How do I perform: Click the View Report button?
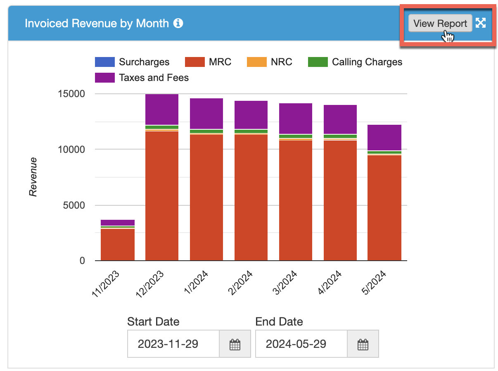pyautogui.click(x=440, y=23)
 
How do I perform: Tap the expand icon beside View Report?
pyautogui.click(x=480, y=23)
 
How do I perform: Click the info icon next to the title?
pyautogui.click(x=178, y=23)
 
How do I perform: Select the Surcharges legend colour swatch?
pyautogui.click(x=104, y=62)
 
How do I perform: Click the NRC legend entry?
pyautogui.click(x=269, y=62)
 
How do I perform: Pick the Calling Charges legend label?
pyautogui.click(x=367, y=62)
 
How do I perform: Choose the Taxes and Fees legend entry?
pyautogui.click(x=142, y=78)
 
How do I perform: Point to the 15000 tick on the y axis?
pyautogui.click(x=71, y=94)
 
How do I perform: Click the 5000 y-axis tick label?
pyautogui.click(x=74, y=205)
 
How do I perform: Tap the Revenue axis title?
pyautogui.click(x=33, y=177)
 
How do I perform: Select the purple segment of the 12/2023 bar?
pyautogui.click(x=161, y=109)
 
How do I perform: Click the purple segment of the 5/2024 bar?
pyautogui.click(x=384, y=138)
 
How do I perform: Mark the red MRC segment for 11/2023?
pyautogui.click(x=117, y=245)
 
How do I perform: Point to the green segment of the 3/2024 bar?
pyautogui.click(x=296, y=136)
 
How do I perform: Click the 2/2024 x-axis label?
pyautogui.click(x=240, y=283)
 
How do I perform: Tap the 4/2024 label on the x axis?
pyautogui.click(x=330, y=283)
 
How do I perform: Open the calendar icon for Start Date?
pyautogui.click(x=235, y=344)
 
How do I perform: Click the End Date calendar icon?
pyautogui.click(x=363, y=344)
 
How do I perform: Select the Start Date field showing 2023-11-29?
pyautogui.click(x=173, y=344)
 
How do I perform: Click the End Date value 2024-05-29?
pyautogui.click(x=296, y=344)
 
